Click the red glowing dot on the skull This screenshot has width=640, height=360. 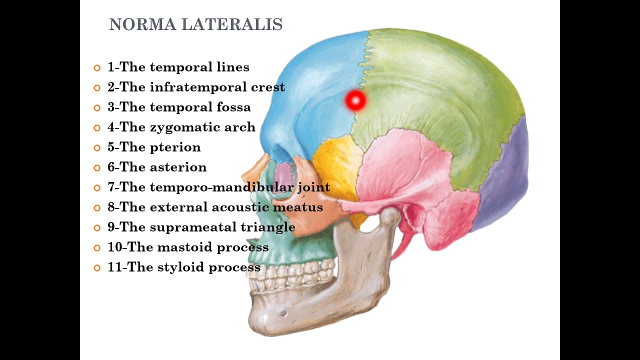(x=355, y=100)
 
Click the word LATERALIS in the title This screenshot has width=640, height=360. (x=232, y=24)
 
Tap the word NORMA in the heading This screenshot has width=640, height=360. (x=142, y=24)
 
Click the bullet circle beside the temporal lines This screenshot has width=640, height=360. (x=97, y=68)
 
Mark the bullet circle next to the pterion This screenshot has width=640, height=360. (x=97, y=148)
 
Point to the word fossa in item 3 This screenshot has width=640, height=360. (x=233, y=107)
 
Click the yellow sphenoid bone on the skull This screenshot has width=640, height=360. (x=337, y=163)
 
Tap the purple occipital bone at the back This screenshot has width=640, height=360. (x=503, y=177)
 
